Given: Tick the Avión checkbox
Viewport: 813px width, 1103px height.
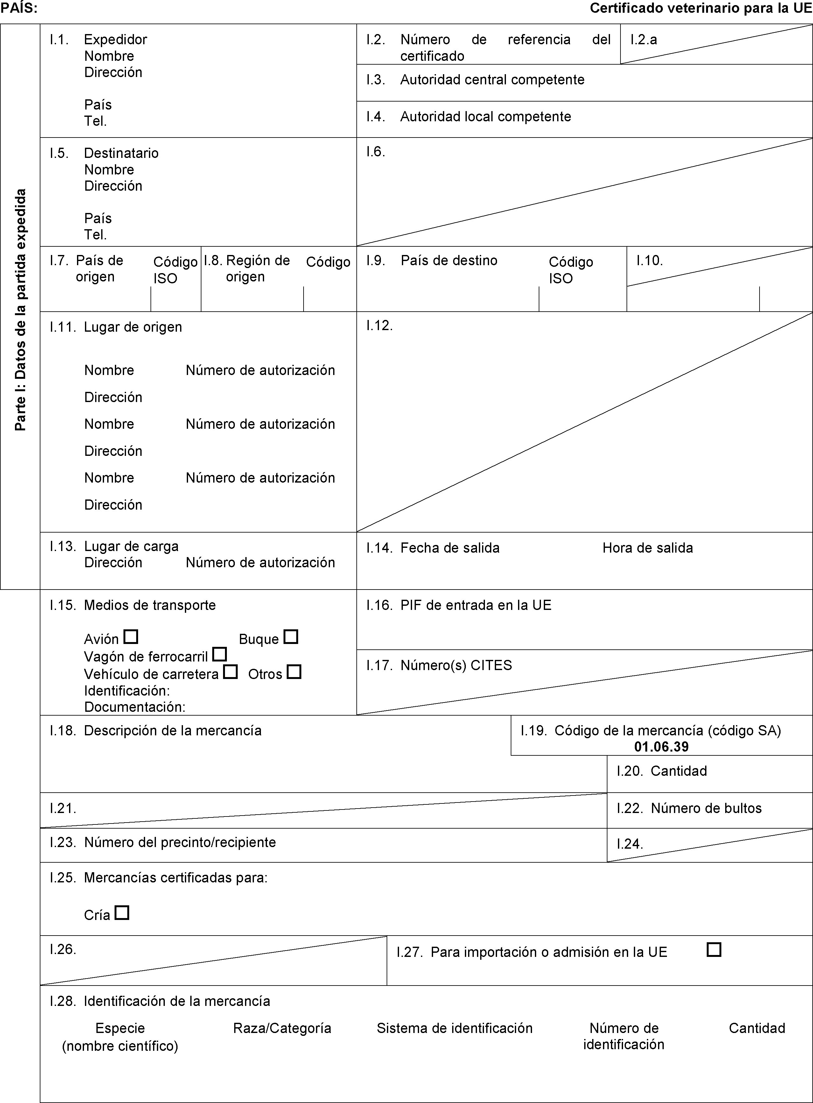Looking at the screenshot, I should coord(131,637).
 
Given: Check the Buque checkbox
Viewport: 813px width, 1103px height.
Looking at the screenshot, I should coord(291,637).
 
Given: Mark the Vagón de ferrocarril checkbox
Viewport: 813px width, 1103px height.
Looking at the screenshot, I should coord(220,654).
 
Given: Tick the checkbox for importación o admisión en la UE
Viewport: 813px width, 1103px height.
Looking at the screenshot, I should coord(714,950).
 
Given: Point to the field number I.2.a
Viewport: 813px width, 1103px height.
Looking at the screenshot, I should coord(644,39).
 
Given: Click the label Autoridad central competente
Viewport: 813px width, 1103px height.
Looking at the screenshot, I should coord(492,80).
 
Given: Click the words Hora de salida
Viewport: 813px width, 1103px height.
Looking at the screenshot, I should coord(647,548).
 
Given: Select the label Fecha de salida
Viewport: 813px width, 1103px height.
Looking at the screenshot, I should coord(450,548).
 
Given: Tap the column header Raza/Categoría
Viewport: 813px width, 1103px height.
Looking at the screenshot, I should coord(282,1028).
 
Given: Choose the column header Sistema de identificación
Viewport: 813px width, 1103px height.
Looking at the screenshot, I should coord(454,1028).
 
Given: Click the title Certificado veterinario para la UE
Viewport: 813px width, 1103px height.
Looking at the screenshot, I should coord(701,8).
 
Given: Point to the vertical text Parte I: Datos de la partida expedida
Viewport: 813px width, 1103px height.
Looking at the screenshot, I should coord(20,310).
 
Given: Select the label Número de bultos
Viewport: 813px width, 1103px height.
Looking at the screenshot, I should coord(706,808).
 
